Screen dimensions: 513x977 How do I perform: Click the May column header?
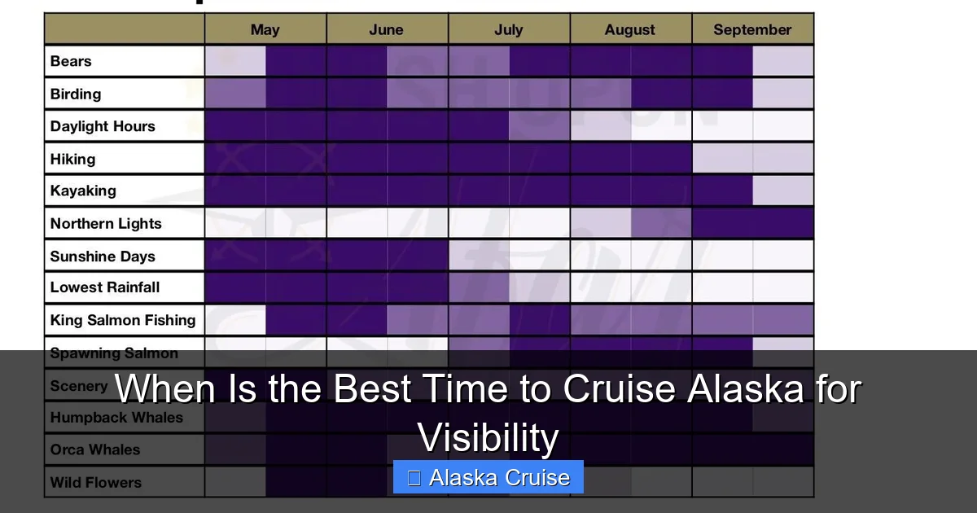265,30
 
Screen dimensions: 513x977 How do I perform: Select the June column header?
386,30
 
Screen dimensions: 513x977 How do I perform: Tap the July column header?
508,30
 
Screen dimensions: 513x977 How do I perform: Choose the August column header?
629,30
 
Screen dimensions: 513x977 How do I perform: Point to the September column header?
752,30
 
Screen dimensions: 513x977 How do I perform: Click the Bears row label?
71,61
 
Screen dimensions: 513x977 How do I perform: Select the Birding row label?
76,94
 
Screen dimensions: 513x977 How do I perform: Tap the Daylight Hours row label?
103,126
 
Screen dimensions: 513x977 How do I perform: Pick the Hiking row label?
72,159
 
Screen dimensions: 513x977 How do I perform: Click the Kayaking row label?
83,191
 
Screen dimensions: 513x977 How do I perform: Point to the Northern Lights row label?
106,223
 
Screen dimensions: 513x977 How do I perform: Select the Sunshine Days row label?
103,256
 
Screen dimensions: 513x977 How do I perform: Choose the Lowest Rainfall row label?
105,287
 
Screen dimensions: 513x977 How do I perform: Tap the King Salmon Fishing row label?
123,320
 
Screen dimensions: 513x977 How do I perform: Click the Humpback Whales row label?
116,418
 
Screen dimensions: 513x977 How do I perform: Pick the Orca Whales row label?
95,449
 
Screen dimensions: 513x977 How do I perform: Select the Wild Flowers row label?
96,482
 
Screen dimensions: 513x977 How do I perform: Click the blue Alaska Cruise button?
488,477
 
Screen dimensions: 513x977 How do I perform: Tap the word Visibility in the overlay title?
488,438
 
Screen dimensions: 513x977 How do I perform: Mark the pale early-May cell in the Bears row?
235,61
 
